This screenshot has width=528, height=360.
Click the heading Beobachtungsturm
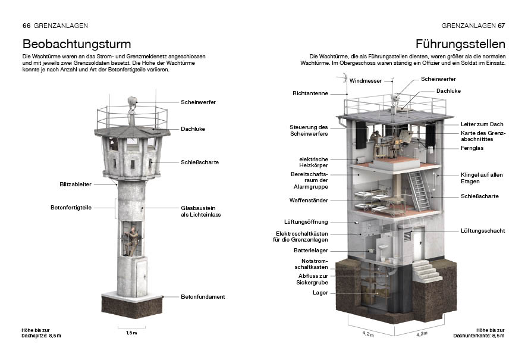77,44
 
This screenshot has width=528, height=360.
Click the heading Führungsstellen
460,44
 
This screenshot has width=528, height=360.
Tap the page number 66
26,26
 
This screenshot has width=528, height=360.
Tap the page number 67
501,26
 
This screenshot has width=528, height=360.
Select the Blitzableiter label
76,184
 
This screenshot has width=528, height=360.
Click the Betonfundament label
203,297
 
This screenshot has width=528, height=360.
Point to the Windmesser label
365,81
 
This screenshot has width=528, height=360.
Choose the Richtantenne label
310,93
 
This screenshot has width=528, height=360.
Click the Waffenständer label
309,200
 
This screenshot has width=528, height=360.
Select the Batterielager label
311,251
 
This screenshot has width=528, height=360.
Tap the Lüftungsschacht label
483,230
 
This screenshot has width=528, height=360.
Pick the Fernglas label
472,148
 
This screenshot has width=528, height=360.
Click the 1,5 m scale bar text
131,333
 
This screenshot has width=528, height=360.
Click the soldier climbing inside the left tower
131,242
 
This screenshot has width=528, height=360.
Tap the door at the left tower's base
142,277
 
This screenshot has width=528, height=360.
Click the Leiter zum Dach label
482,124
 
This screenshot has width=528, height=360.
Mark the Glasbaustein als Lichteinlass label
201,211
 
